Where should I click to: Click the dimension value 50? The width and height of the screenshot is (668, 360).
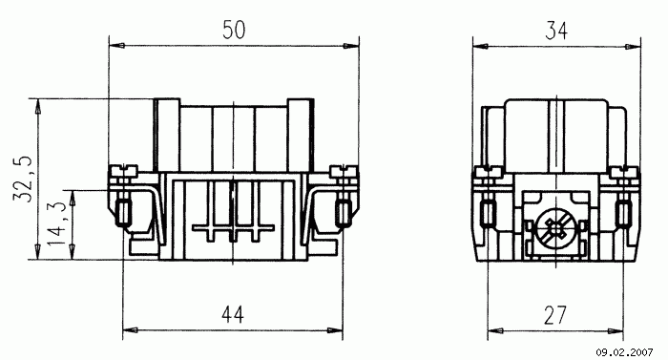[x=234, y=30]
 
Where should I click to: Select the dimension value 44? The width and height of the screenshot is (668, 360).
[x=233, y=315]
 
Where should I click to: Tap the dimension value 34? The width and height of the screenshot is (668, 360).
[x=556, y=31]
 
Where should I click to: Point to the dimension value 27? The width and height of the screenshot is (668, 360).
[x=555, y=315]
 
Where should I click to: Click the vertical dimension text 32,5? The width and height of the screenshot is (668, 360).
[x=23, y=179]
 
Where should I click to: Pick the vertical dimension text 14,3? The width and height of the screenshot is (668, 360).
[x=56, y=224]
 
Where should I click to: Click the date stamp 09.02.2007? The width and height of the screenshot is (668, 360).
[x=624, y=352]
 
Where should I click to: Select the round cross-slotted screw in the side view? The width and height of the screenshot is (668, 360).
[x=555, y=231]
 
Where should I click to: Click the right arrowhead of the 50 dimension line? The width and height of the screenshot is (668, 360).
[x=351, y=46]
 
